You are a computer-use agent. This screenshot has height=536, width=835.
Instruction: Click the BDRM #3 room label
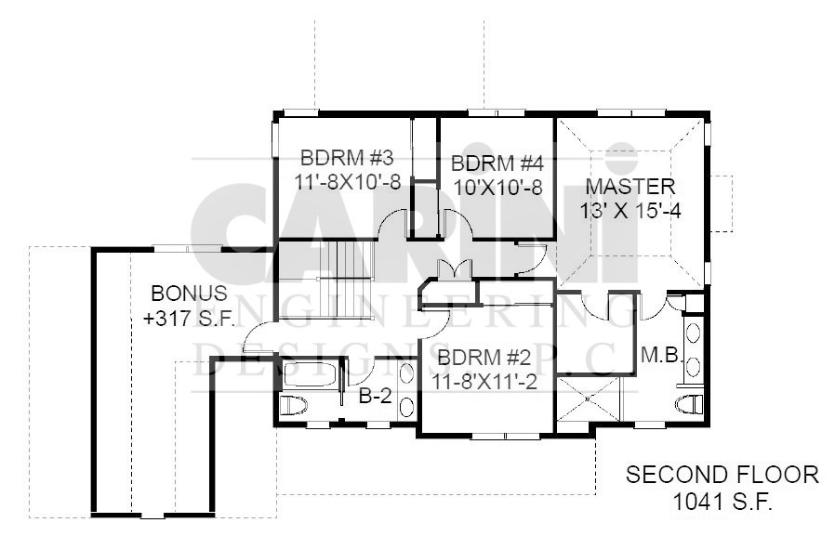pos(347,158)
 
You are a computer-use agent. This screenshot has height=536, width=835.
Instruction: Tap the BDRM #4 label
pos(497,163)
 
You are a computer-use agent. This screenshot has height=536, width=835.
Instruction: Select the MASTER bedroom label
pos(630,187)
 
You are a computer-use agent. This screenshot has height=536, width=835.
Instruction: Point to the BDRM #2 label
pos(484,358)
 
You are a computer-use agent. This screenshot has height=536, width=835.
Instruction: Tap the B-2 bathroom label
pos(376,396)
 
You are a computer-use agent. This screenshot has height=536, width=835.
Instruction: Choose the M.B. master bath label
pos(662,355)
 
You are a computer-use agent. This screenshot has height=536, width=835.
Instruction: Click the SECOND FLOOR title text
pos(722,475)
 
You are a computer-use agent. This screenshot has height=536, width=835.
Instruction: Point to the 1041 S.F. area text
pos(722,502)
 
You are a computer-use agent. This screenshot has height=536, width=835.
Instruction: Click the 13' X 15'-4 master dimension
pos(630,211)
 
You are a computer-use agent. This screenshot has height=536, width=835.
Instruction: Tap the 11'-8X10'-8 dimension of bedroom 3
pos(347,182)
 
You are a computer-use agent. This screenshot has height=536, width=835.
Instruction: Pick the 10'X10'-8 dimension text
pos(497,188)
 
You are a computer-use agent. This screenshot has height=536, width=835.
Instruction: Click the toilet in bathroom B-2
pos(294,405)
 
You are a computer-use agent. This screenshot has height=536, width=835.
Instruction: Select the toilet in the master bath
pos(691,405)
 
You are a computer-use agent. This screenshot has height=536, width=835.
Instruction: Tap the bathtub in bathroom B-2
pos(310,374)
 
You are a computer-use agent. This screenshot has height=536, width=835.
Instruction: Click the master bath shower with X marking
pos(589,399)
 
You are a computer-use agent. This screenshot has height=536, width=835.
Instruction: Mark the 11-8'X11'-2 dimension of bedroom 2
pos(484,382)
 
